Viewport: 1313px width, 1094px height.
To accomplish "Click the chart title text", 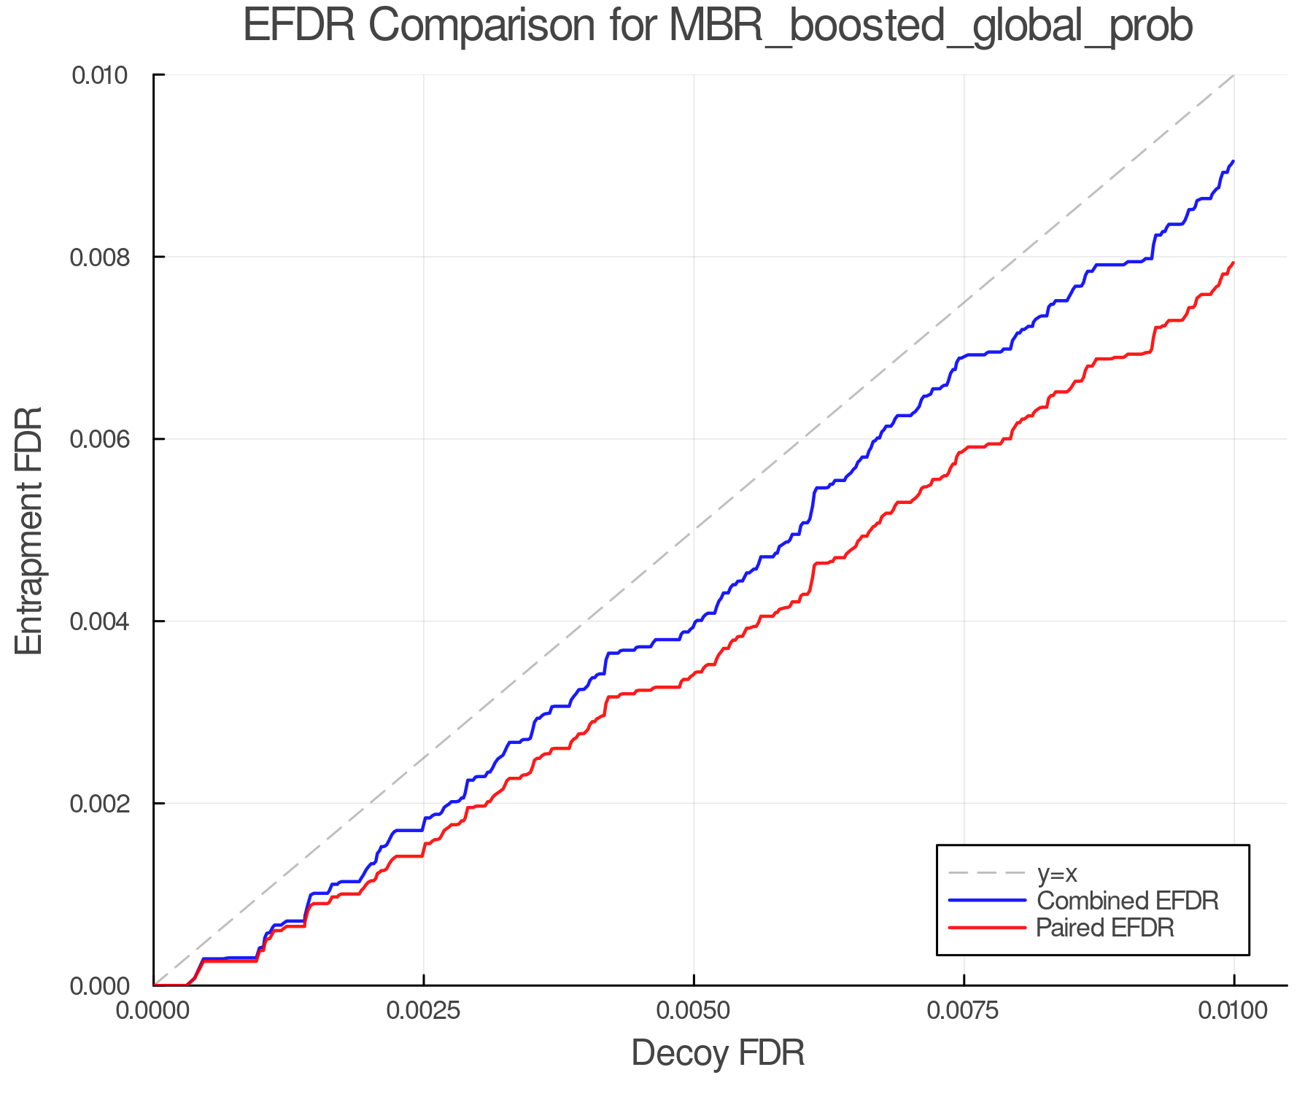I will [717, 26].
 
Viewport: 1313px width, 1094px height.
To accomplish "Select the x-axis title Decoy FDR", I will [717, 1053].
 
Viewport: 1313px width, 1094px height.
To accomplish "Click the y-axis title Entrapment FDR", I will [29, 530].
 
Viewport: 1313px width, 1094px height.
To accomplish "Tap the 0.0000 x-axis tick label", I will [153, 1011].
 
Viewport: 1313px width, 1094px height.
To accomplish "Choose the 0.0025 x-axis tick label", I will [423, 1011].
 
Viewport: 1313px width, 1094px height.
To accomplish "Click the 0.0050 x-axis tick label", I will [694, 1011].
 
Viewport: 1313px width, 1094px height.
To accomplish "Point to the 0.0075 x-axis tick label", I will [964, 1011].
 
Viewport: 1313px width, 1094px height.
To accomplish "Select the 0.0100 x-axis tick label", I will [1233, 1011].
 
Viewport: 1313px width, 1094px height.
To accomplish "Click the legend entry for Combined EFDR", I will [1127, 901].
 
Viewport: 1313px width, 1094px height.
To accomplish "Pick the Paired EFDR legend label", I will [1105, 928].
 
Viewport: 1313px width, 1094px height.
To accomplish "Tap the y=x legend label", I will [1057, 873].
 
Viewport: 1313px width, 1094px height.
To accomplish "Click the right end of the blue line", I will [1233, 161].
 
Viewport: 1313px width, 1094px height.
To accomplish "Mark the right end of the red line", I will [1233, 263].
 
